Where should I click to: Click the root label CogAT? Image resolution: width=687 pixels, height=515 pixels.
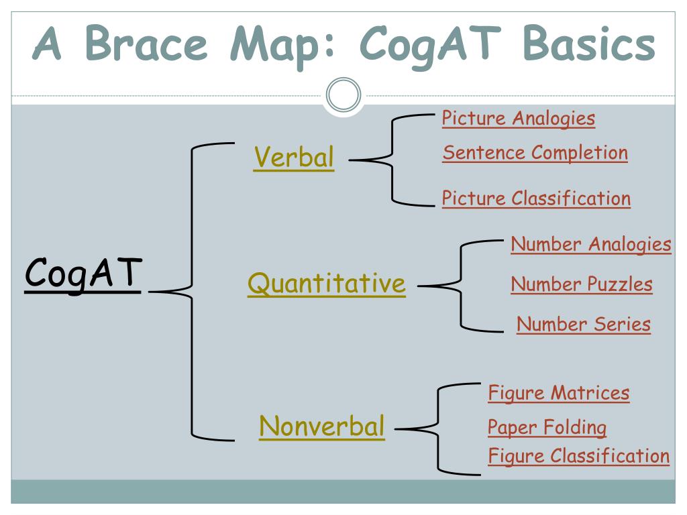(x=83, y=274)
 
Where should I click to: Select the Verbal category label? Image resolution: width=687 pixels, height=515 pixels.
(x=293, y=158)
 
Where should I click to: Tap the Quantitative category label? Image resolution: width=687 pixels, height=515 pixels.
(x=326, y=284)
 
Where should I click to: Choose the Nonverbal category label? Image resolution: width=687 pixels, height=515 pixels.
(x=322, y=426)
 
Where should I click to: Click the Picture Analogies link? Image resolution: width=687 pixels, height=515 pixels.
(x=518, y=119)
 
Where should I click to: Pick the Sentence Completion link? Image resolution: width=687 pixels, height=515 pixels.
(x=535, y=153)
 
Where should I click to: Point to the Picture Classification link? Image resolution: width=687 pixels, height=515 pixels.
(x=536, y=198)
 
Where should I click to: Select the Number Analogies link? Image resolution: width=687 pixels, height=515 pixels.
(x=590, y=244)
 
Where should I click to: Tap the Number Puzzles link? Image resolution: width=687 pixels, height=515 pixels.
(x=581, y=284)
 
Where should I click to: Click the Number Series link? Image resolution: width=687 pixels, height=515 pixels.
(x=583, y=325)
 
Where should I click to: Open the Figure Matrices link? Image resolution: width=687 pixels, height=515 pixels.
(x=558, y=392)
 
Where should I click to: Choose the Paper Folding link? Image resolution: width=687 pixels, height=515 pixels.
(x=547, y=427)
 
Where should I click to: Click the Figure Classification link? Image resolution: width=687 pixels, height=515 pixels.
(x=578, y=457)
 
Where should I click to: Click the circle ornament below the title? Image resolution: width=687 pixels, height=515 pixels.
(x=343, y=95)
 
